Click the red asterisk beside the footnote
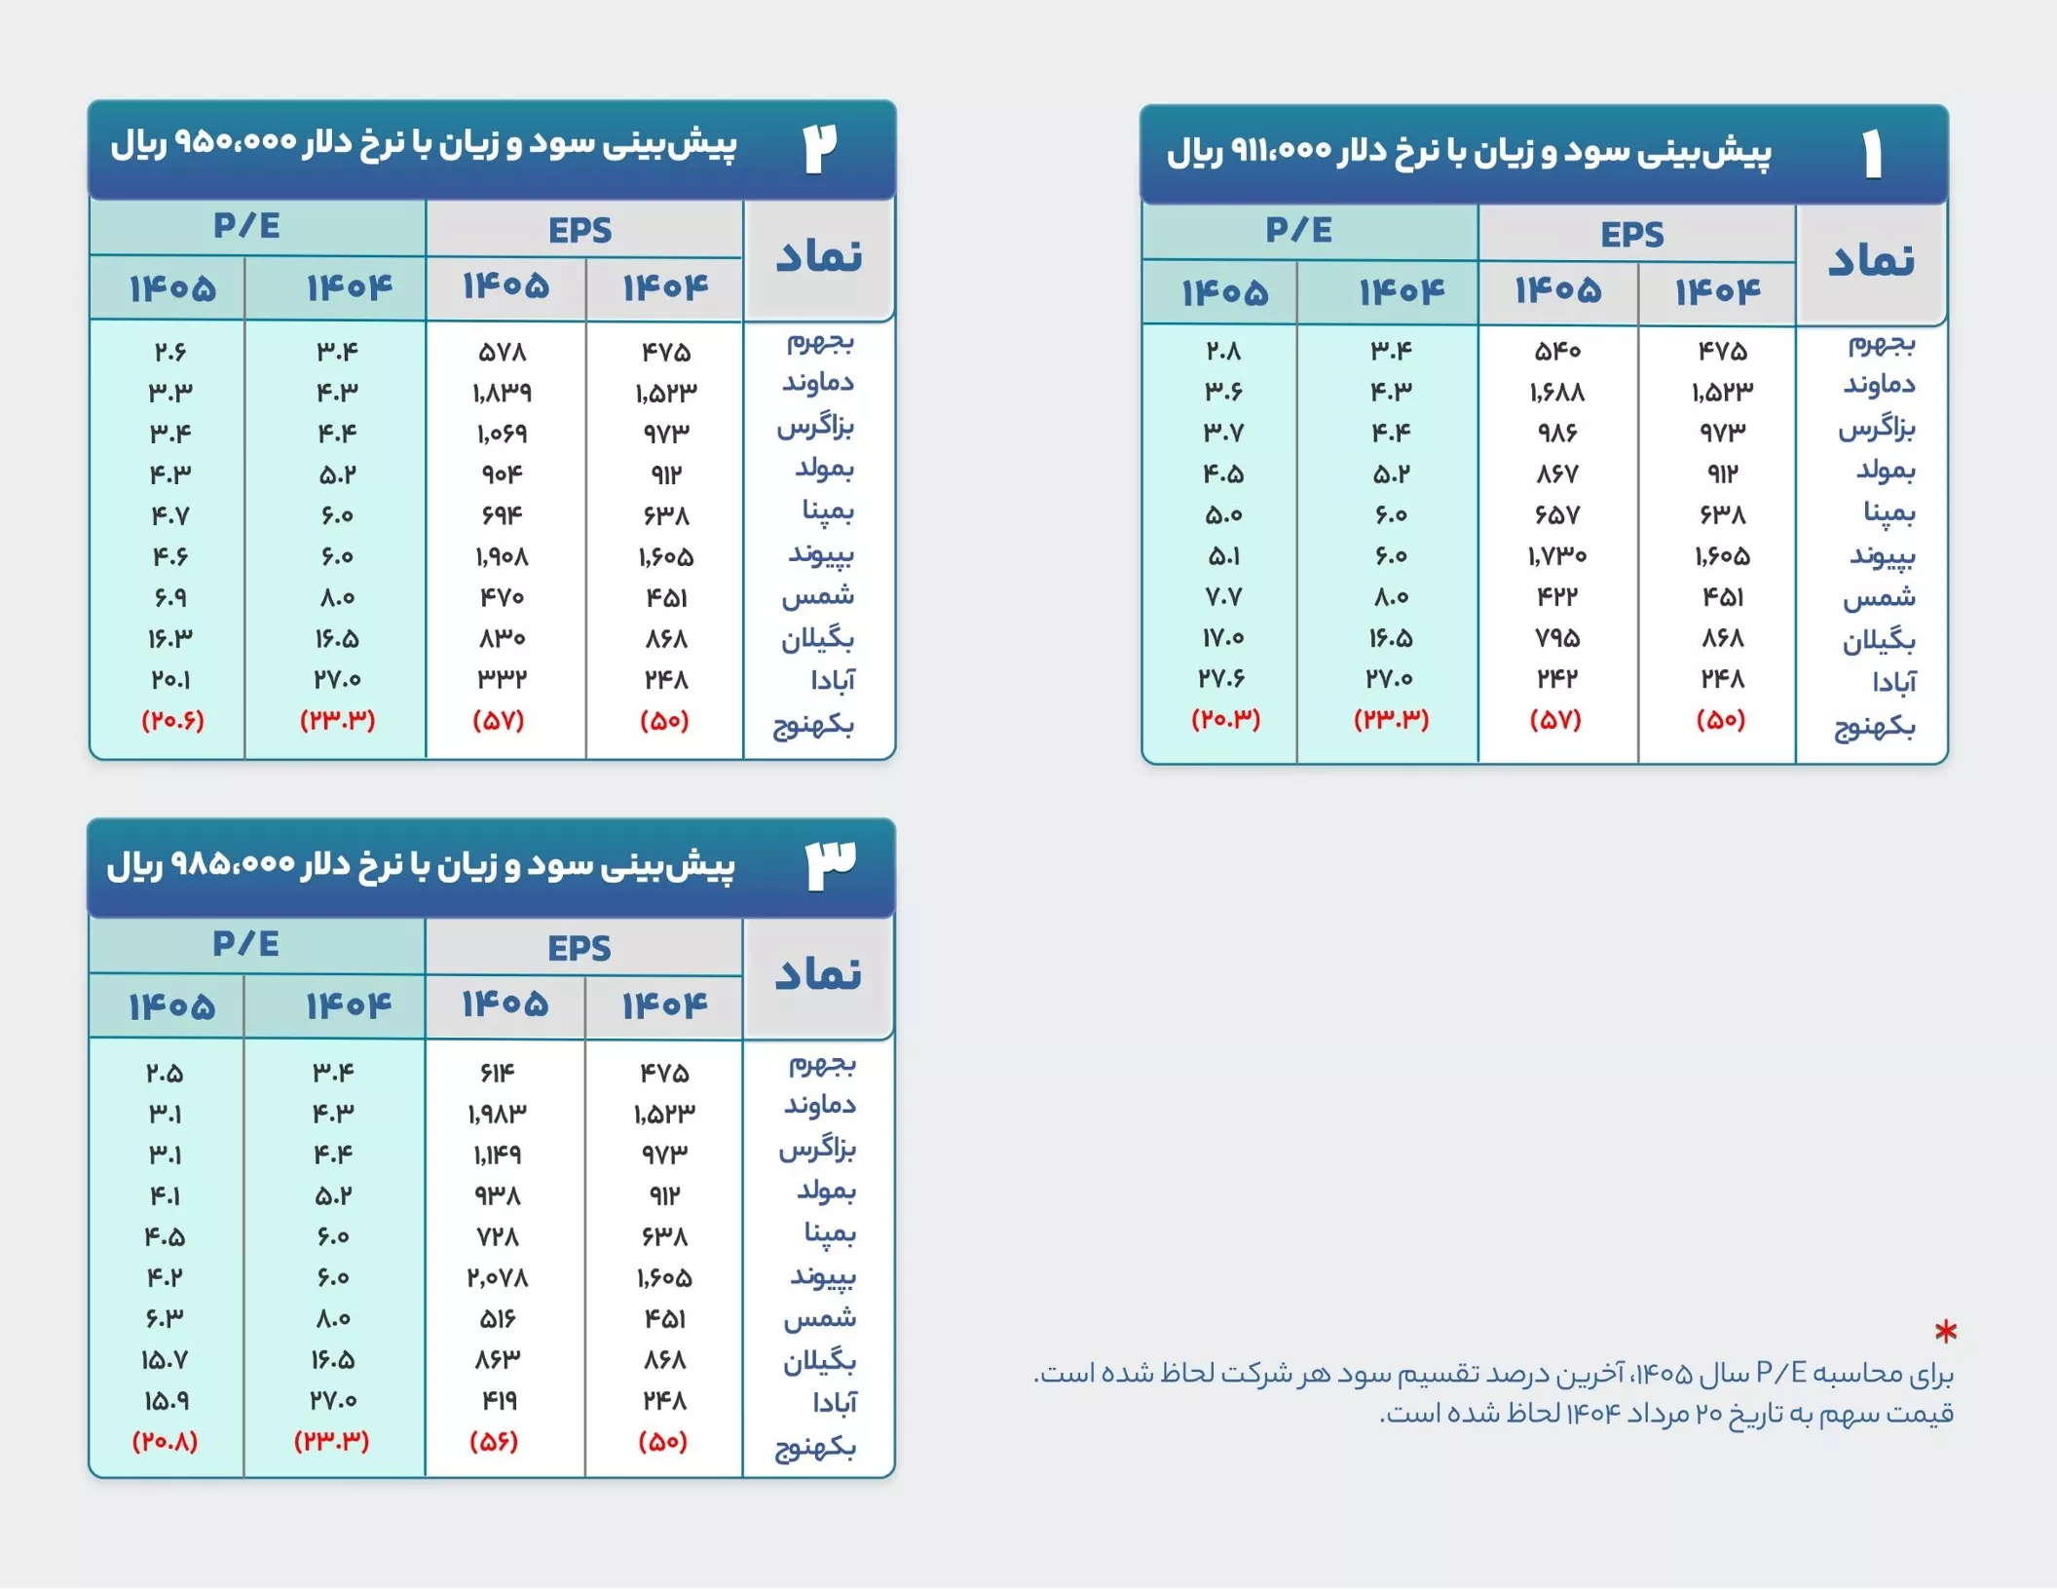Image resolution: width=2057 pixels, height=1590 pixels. coord(1945,1331)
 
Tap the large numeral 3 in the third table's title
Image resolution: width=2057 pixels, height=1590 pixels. coord(831,865)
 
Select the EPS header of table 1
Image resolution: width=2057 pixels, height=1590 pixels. coord(1632,235)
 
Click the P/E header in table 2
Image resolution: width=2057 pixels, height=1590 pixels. coord(246,226)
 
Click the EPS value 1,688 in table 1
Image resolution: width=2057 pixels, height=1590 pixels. coord(1556,392)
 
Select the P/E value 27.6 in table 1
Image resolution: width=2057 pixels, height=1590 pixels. coord(1221,678)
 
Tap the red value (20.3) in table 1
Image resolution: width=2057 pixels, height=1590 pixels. coord(1225,719)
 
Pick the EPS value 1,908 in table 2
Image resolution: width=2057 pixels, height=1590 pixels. coord(502,556)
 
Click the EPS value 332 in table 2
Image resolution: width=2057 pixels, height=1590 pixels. coord(502,679)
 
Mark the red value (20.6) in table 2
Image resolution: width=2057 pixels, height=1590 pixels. coord(172,720)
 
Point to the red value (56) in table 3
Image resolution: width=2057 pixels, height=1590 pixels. coord(494,1441)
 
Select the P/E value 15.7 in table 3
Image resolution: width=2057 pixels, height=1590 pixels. coord(165,1359)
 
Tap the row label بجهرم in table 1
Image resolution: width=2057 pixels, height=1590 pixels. coord(1881,344)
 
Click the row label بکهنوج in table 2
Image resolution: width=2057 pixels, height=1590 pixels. coord(813,725)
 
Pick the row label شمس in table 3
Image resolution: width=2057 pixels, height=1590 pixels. coord(819,1318)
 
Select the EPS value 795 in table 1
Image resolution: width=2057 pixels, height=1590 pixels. coord(1556,638)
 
